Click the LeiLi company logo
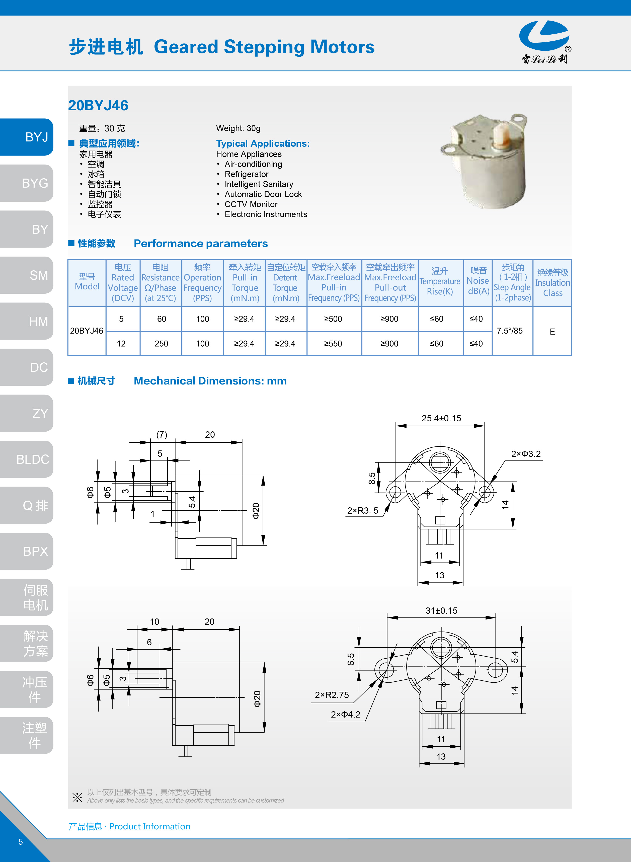(x=544, y=41)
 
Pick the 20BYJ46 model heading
(x=98, y=105)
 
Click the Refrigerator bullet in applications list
(x=246, y=174)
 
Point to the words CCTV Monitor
(x=251, y=204)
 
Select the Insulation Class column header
(x=552, y=283)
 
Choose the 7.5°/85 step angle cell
(x=510, y=331)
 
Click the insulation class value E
(x=552, y=332)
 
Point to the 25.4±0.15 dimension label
(x=441, y=418)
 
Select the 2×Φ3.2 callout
(x=526, y=454)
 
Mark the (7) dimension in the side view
(x=162, y=435)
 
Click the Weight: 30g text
(x=238, y=128)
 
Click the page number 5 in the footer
(x=21, y=842)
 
